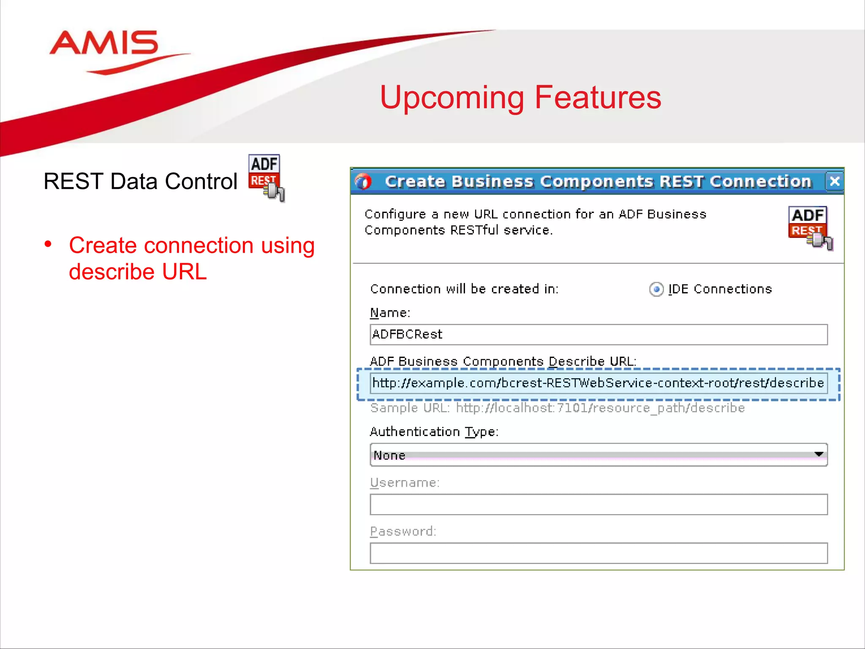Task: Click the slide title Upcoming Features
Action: tap(520, 97)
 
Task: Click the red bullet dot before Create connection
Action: tap(48, 244)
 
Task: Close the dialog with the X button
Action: tap(834, 181)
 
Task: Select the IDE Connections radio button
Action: tap(656, 289)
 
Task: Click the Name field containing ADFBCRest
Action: tap(598, 335)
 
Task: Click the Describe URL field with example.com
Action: tap(598, 383)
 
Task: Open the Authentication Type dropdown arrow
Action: tap(819, 455)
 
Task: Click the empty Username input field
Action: tap(598, 504)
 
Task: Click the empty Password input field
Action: tap(598, 553)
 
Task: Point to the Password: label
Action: tap(403, 531)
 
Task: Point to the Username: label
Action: tap(405, 483)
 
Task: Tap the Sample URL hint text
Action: tap(557, 408)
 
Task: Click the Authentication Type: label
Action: tap(434, 432)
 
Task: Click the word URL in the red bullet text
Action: tap(184, 272)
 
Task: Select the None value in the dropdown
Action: tap(389, 455)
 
